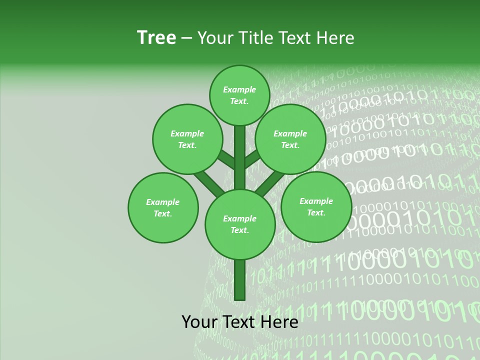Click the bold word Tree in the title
click(x=156, y=38)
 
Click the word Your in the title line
click(x=214, y=38)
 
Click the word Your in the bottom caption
click(x=200, y=322)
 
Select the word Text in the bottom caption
click(x=239, y=322)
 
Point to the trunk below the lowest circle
click(x=239, y=280)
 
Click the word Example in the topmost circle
click(x=239, y=90)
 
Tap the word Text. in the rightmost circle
click(x=316, y=213)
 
